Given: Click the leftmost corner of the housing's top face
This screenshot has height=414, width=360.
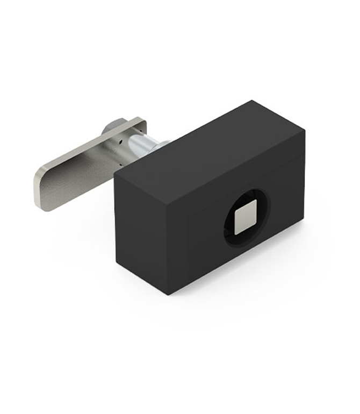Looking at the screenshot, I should [x=116, y=181].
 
